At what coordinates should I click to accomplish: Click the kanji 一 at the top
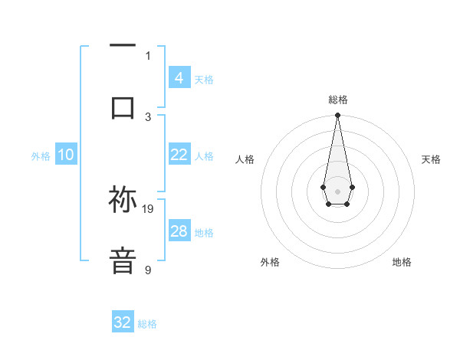tap(123, 47)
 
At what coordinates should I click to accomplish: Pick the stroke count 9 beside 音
tap(148, 270)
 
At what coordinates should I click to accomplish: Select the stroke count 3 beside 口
tap(148, 116)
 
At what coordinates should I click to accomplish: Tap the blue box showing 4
tap(179, 77)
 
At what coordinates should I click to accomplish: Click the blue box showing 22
tap(179, 155)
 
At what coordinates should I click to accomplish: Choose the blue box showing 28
tap(179, 231)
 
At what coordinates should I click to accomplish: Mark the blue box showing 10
tap(66, 155)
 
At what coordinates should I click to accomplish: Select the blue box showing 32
tap(123, 322)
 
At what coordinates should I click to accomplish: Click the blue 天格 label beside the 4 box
tap(204, 80)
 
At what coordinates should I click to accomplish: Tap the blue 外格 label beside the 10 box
tap(41, 156)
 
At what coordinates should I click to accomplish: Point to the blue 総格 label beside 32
tap(147, 324)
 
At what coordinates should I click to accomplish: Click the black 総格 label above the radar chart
tap(337, 100)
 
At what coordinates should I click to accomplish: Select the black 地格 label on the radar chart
tap(402, 262)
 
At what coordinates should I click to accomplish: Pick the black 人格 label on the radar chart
tap(245, 159)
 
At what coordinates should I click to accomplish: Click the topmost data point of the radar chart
tap(337, 116)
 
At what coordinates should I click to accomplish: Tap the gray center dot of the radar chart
tap(337, 190)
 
